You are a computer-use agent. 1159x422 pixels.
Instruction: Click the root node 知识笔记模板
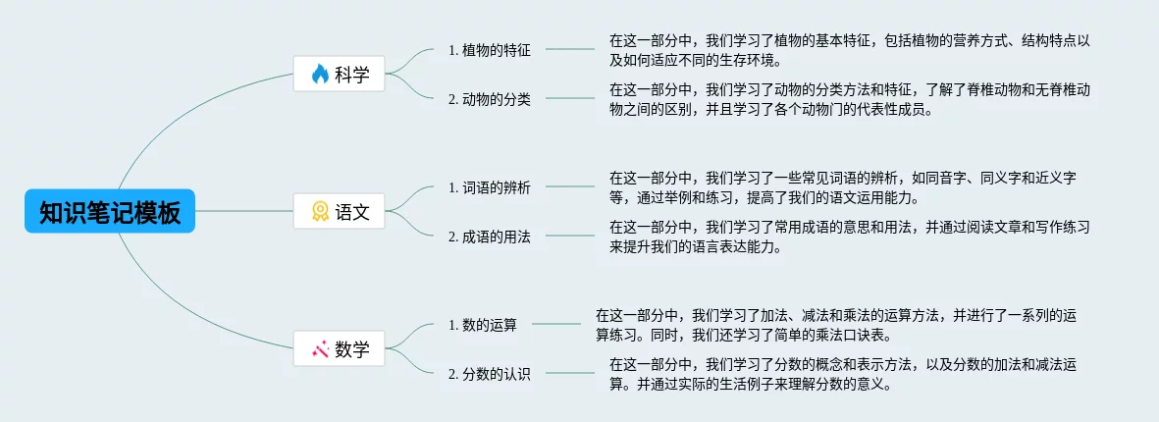click(x=110, y=212)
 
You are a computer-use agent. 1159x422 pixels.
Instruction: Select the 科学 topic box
click(x=340, y=74)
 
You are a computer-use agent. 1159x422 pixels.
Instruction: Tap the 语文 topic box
click(x=340, y=211)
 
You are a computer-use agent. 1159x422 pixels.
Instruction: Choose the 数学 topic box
click(x=340, y=348)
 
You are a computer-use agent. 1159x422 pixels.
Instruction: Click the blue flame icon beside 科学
click(x=320, y=74)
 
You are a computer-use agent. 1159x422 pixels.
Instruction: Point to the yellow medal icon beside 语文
click(x=320, y=211)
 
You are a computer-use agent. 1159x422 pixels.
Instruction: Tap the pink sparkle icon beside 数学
click(x=320, y=348)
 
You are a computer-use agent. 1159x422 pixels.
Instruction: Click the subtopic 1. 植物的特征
click(x=489, y=49)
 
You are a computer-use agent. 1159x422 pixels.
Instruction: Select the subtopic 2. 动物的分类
click(x=489, y=98)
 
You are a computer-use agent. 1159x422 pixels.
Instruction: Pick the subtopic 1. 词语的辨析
click(x=489, y=186)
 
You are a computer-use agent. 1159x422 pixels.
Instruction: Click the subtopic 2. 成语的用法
click(x=489, y=236)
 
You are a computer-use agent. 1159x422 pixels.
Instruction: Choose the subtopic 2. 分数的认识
click(x=489, y=373)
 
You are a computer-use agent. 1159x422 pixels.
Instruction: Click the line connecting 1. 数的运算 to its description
click(x=555, y=324)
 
